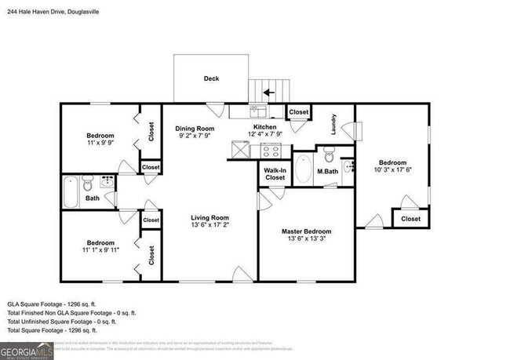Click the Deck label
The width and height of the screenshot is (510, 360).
[211, 78]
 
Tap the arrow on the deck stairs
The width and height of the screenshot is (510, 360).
[268, 92]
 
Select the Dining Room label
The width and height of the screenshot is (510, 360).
[195, 128]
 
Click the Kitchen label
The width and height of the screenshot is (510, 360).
[264, 127]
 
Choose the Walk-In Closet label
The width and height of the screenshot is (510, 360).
[274, 173]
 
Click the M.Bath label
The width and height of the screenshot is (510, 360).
[326, 171]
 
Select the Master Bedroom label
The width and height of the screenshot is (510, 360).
[306, 231]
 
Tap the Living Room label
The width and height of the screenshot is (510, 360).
[209, 218]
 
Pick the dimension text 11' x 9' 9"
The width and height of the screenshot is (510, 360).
[100, 143]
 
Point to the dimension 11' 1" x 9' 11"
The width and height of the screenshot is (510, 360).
[100, 251]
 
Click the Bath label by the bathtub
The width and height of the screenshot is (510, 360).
[93, 198]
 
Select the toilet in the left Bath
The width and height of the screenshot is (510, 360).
[88, 184]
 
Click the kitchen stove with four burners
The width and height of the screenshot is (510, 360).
[271, 149]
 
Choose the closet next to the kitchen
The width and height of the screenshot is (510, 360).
[298, 113]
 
